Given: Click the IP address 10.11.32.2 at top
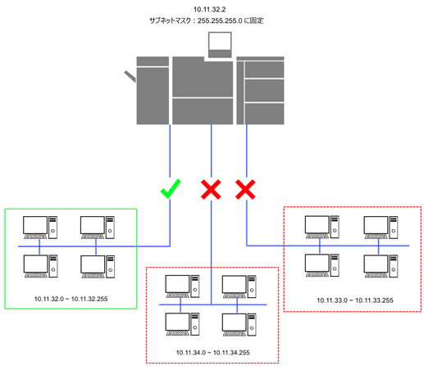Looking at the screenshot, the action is tap(210, 10).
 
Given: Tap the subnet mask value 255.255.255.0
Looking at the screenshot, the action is tap(220, 20).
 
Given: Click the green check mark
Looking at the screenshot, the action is tap(171, 188).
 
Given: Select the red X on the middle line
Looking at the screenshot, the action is tap(211, 189).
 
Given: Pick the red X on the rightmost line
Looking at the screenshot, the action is tap(245, 189).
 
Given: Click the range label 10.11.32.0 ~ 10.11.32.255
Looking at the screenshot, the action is tap(71, 299).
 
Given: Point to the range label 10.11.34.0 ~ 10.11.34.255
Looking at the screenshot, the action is tap(212, 353).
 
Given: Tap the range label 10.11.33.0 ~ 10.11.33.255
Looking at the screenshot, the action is tap(355, 300).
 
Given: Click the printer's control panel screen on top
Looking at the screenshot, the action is tap(220, 45).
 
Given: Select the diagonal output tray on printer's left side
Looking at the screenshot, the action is tap(130, 76).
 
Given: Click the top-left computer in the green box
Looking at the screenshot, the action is tap(40, 228).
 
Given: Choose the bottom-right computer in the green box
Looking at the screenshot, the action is tap(98, 267).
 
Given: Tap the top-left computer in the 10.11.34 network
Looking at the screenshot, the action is tap(182, 287).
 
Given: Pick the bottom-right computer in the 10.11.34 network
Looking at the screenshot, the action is tap(239, 325).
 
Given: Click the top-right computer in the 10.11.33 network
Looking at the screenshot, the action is tap(381, 228).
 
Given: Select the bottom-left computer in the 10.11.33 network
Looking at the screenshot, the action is tap(322, 266).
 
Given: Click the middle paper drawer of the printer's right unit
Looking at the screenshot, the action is tap(264, 91).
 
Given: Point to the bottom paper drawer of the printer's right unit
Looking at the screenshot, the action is tap(264, 114).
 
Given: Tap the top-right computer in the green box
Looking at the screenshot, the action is tap(98, 228).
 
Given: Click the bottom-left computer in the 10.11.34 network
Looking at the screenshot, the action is tap(182, 325).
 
